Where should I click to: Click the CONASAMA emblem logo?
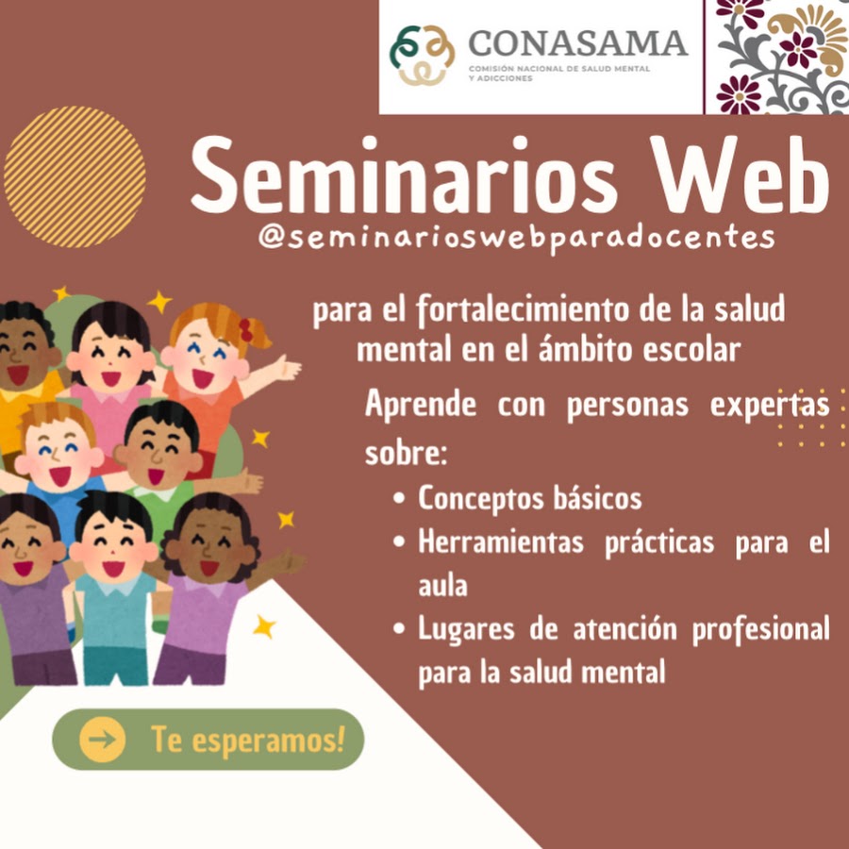click(422, 55)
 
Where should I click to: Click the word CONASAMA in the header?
click(577, 43)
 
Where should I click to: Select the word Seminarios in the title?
click(404, 175)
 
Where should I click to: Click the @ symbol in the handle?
click(273, 237)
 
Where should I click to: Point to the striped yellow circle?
click(75, 176)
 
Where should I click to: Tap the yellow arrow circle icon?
click(102, 740)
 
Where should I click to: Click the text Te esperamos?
click(248, 740)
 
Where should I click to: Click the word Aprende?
click(421, 405)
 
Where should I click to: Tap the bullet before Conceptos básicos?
click(400, 497)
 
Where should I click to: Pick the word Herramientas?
click(501, 542)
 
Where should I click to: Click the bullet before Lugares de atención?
click(400, 628)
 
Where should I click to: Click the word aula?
click(442, 586)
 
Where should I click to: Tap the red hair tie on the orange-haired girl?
click(246, 330)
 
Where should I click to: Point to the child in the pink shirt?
click(111, 379)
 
